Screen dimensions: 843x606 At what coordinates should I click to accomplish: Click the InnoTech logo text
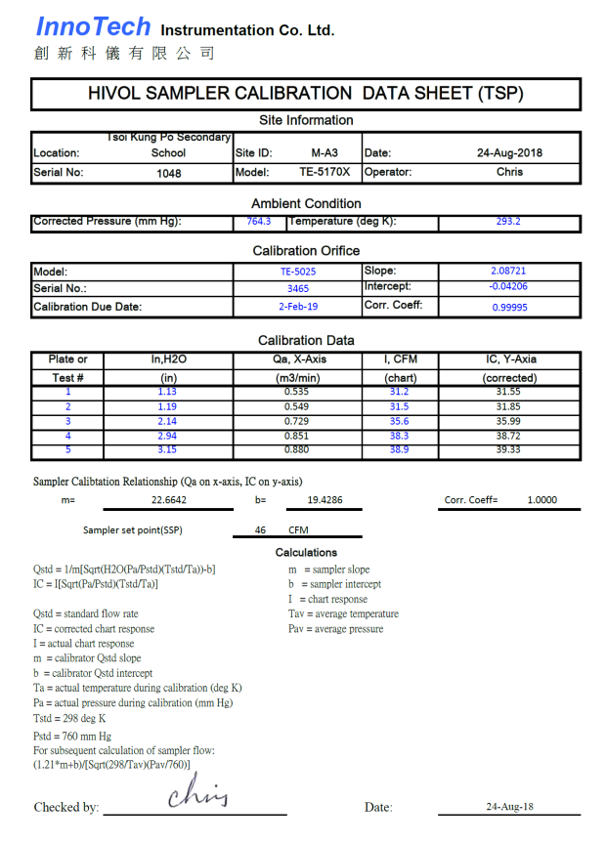pyautogui.click(x=94, y=27)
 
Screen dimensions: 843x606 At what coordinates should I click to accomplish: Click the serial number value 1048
pyautogui.click(x=168, y=173)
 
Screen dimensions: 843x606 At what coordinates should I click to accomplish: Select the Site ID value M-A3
pyautogui.click(x=325, y=153)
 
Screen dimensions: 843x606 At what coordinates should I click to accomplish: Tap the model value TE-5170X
pyautogui.click(x=325, y=172)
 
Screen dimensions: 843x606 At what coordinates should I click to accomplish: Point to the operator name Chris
pyautogui.click(x=509, y=172)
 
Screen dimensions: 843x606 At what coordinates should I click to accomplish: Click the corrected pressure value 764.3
pyautogui.click(x=258, y=222)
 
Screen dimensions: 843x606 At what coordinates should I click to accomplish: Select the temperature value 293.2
pyautogui.click(x=508, y=222)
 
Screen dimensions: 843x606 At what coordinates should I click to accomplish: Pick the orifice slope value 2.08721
pyautogui.click(x=508, y=270)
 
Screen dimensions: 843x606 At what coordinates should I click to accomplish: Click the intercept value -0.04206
pyautogui.click(x=508, y=287)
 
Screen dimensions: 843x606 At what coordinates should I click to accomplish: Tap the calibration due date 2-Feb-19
pyautogui.click(x=298, y=307)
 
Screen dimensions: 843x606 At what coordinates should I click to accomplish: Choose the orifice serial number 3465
pyautogui.click(x=298, y=289)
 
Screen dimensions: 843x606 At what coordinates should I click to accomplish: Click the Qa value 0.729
pyautogui.click(x=297, y=420)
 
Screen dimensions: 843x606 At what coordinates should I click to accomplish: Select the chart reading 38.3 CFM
pyautogui.click(x=399, y=436)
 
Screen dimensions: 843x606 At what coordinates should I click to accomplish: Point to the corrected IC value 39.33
pyautogui.click(x=509, y=450)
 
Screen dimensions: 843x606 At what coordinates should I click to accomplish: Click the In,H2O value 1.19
pyautogui.click(x=168, y=406)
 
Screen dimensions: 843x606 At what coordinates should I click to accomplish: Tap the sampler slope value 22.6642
pyautogui.click(x=169, y=500)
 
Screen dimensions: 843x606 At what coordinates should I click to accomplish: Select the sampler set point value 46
pyautogui.click(x=260, y=530)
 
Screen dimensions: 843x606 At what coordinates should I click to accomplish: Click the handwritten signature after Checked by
pyautogui.click(x=197, y=793)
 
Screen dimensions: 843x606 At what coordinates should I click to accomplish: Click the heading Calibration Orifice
pyautogui.click(x=306, y=251)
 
